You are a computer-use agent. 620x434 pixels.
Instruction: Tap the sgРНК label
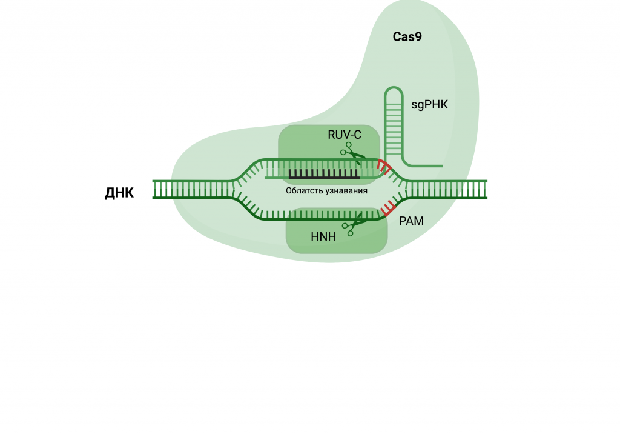pyautogui.click(x=429, y=105)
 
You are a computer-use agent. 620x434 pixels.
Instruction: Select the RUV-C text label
pyautogui.click(x=345, y=135)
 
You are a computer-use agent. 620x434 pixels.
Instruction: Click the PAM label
pyautogui.click(x=411, y=222)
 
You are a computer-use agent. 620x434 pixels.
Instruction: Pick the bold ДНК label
pyautogui.click(x=119, y=193)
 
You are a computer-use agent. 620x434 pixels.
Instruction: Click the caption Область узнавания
pyautogui.click(x=327, y=190)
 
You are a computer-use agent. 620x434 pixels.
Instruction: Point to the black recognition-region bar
pyautogui.click(x=323, y=175)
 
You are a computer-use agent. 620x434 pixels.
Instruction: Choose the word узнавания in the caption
pyautogui.click(x=347, y=190)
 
